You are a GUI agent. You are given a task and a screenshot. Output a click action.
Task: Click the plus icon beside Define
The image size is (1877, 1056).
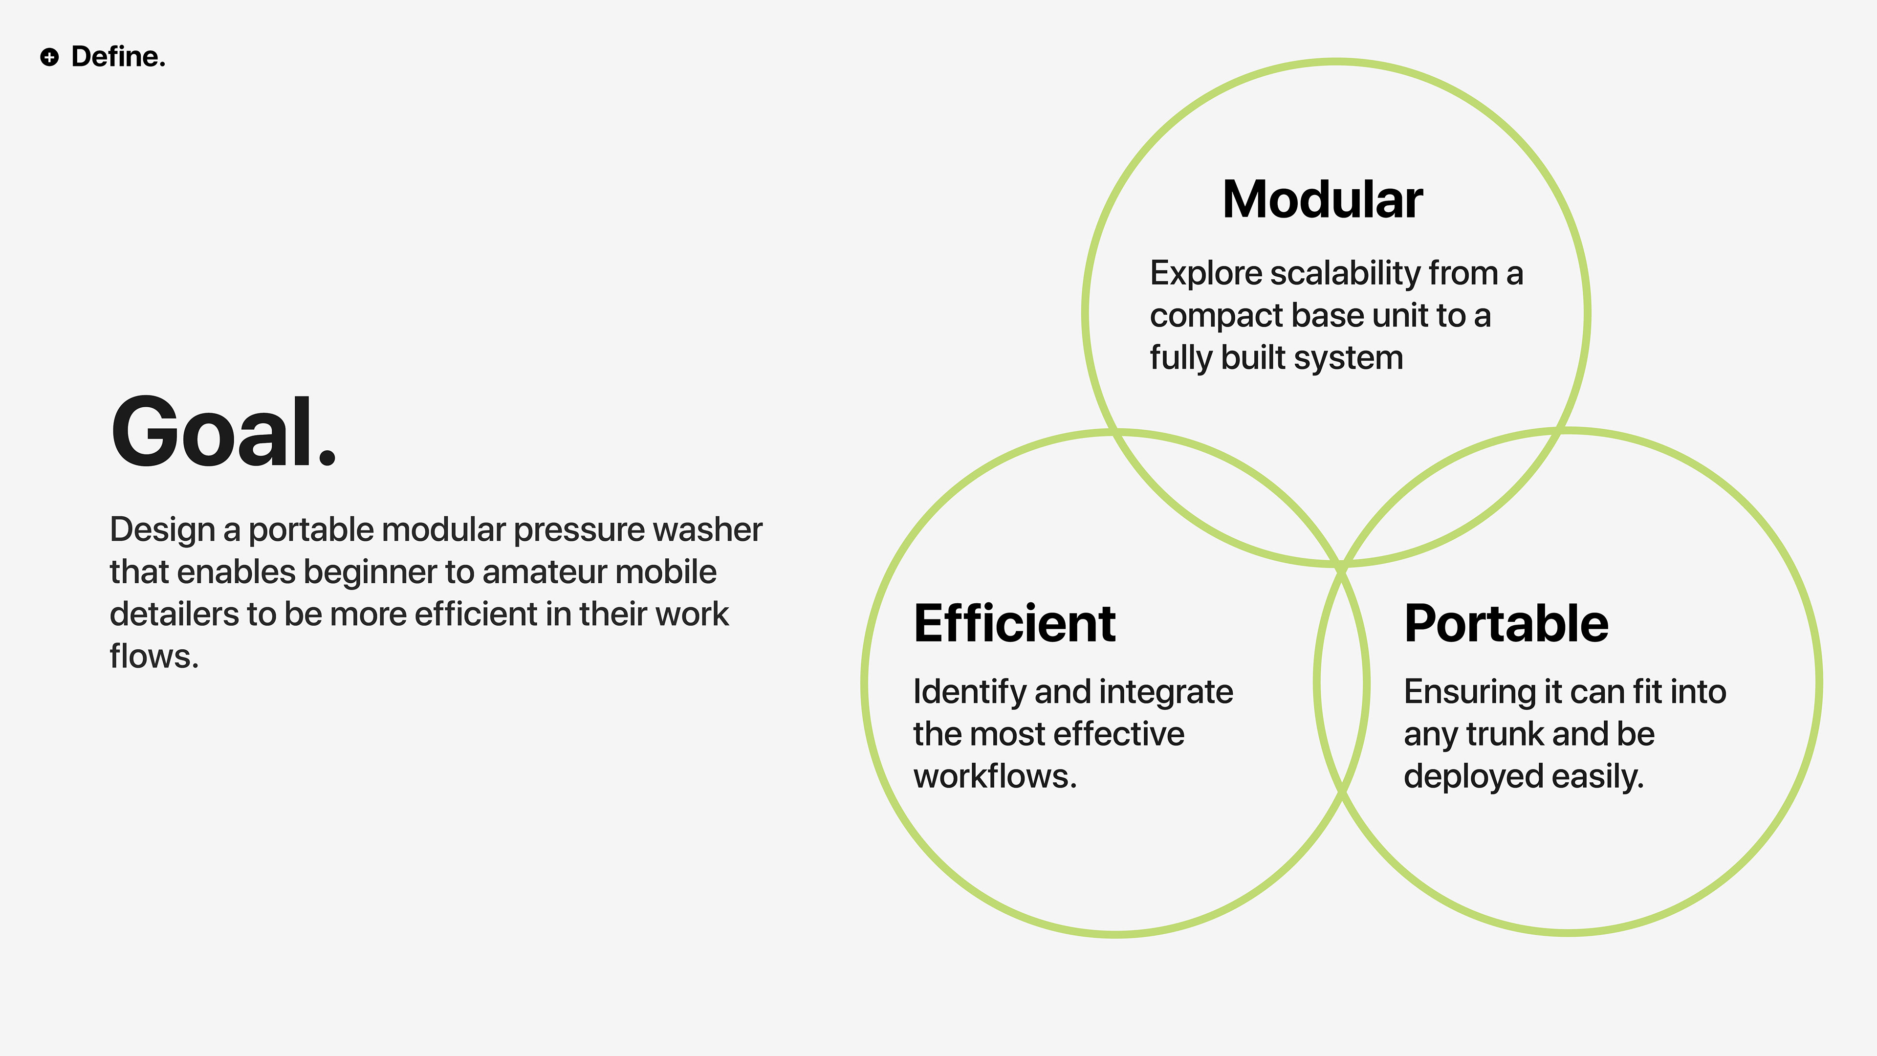pyautogui.click(x=49, y=57)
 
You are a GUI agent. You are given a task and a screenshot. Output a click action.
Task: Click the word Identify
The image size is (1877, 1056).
pyautogui.click(x=969, y=692)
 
